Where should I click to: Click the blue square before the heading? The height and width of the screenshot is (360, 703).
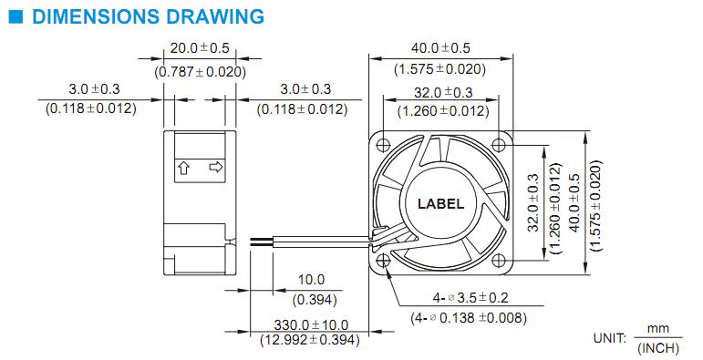pos(16,16)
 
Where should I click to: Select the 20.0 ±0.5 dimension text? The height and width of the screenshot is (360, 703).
pos(200,48)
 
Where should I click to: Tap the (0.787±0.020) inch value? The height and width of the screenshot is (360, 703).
pos(200,72)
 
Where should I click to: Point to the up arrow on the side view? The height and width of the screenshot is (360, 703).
pos(183,167)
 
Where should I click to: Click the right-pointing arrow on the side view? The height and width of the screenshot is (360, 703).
pos(216,167)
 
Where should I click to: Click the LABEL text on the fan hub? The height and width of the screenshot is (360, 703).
pos(440,204)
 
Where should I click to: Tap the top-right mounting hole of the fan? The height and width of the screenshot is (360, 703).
pos(499,144)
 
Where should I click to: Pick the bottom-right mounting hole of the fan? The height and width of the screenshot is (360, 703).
pos(499,260)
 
